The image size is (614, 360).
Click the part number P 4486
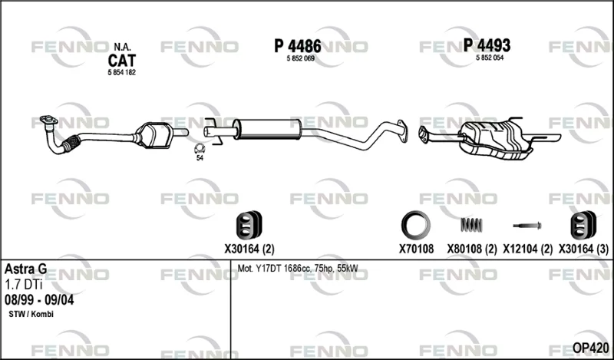click(x=298, y=46)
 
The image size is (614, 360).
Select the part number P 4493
click(x=487, y=45)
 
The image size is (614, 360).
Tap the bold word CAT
click(x=122, y=61)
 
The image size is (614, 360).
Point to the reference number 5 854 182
click(x=121, y=72)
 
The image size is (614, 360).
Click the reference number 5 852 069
click(x=301, y=58)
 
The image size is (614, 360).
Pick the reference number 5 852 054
click(x=490, y=58)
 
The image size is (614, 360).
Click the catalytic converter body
click(x=155, y=135)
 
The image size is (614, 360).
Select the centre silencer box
click(x=267, y=129)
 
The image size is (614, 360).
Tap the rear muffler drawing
click(x=497, y=140)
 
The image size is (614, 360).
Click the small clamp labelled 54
click(x=200, y=148)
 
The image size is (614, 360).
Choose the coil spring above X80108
click(x=471, y=225)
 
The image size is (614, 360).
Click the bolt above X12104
click(x=527, y=226)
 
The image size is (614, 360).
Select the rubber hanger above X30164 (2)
click(x=249, y=225)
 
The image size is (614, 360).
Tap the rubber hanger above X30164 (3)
click(x=583, y=225)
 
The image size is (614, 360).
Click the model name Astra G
click(x=25, y=269)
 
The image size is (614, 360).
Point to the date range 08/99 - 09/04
click(x=39, y=300)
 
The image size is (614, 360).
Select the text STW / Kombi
click(x=31, y=314)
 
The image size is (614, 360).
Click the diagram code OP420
click(x=590, y=348)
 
